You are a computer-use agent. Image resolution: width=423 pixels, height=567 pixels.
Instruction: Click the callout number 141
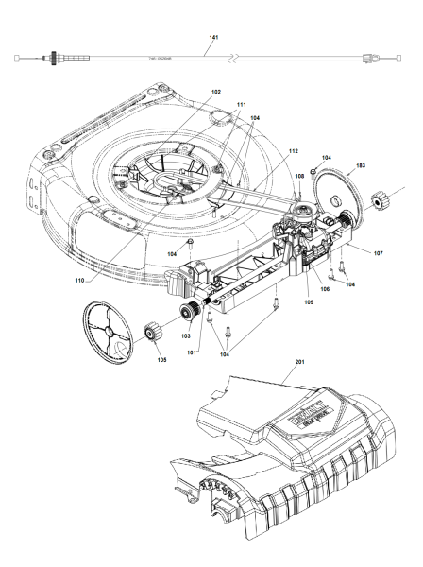click(212, 37)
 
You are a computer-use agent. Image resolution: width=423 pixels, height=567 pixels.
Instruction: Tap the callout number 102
click(215, 92)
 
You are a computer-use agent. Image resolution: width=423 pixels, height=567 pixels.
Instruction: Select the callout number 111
click(241, 104)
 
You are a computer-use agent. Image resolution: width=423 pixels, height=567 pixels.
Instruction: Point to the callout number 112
click(294, 151)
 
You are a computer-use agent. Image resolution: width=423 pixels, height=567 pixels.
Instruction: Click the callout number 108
click(299, 176)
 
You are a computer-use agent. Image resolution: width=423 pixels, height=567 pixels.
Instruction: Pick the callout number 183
click(360, 165)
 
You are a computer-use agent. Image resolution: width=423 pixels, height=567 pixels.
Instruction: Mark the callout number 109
click(308, 302)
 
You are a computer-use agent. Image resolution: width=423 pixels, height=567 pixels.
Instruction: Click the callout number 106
click(325, 289)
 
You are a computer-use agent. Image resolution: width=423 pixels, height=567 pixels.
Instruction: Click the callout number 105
click(161, 359)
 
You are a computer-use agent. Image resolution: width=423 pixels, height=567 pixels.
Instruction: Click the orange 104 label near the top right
click(327, 157)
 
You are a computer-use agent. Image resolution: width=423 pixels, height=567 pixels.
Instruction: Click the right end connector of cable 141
click(367, 60)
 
